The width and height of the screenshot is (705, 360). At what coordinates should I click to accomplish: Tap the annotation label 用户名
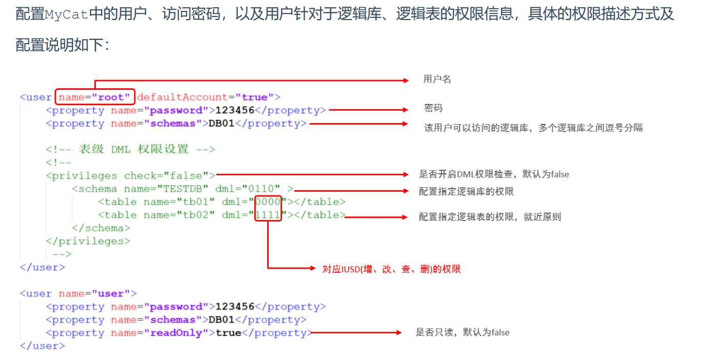tap(437, 79)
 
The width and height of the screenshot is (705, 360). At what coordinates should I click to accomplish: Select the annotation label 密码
tap(433, 108)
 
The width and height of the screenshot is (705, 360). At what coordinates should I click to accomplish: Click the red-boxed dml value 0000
tap(268, 202)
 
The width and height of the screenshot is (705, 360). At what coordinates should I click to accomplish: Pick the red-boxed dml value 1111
tap(268, 215)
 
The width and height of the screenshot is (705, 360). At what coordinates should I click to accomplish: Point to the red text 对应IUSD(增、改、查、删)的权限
tap(391, 269)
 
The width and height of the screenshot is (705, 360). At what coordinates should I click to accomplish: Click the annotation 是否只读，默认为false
tap(462, 332)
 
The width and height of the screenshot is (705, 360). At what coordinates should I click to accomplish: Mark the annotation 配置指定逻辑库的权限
tap(466, 191)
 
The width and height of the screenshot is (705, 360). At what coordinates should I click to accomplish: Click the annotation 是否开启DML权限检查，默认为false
tap(494, 174)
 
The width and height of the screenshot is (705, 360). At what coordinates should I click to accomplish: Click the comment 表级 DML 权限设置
tap(133, 149)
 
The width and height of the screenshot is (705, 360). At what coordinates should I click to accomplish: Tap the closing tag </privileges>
tap(88, 241)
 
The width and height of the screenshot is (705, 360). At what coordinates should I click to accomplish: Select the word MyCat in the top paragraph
tap(67, 14)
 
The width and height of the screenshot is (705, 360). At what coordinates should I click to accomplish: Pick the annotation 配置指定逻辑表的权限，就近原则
tap(490, 217)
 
